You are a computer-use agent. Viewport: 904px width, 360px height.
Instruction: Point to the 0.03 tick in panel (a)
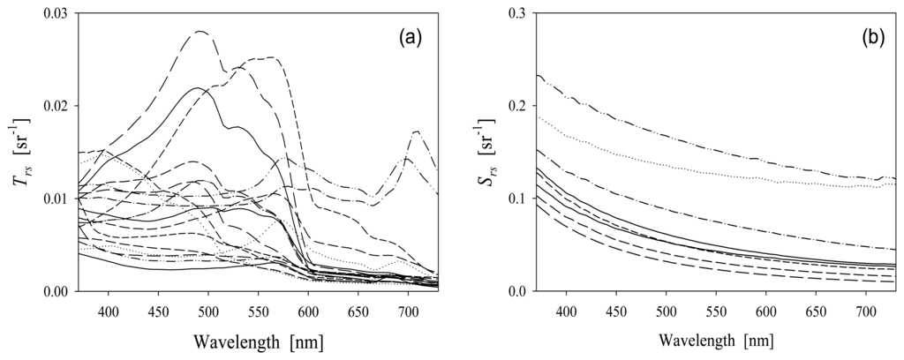[54, 13]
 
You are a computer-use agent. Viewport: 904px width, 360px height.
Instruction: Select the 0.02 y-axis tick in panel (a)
[54, 106]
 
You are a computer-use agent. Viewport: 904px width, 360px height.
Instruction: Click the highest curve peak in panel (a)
[200, 32]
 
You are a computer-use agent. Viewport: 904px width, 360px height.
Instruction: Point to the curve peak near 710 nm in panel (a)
[416, 131]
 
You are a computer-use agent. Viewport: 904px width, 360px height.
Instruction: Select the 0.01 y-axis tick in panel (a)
[54, 199]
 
